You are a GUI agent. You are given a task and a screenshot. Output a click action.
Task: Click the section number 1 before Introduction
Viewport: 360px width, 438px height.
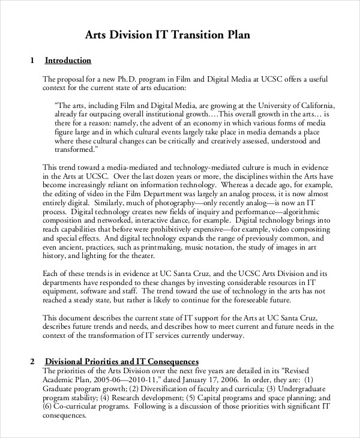click(32, 61)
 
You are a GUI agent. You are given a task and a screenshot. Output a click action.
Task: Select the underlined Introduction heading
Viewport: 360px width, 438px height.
click(68, 61)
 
